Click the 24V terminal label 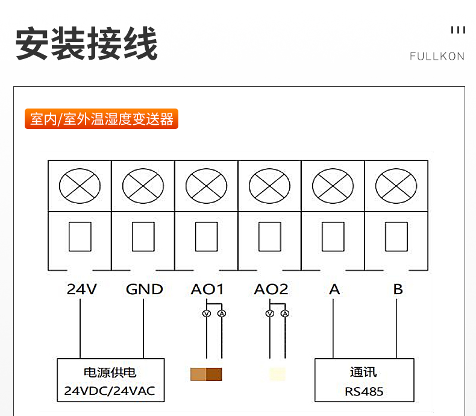tap(81, 289)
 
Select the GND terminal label tap(144, 289)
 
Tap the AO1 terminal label tap(207, 289)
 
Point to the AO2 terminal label tap(271, 289)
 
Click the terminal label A tap(334, 289)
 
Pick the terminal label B tap(398, 289)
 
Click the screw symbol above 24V tap(80, 186)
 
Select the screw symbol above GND tap(143, 186)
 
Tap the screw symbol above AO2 tap(269, 186)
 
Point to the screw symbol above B tap(396, 186)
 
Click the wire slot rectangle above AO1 tap(207, 236)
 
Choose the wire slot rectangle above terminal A tap(333, 236)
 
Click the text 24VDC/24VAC tap(110, 391)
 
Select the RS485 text tap(364, 391)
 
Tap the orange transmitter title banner tap(101, 119)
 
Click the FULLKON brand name tap(437, 57)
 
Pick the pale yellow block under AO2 tap(277, 374)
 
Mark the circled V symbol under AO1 tap(205, 314)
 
